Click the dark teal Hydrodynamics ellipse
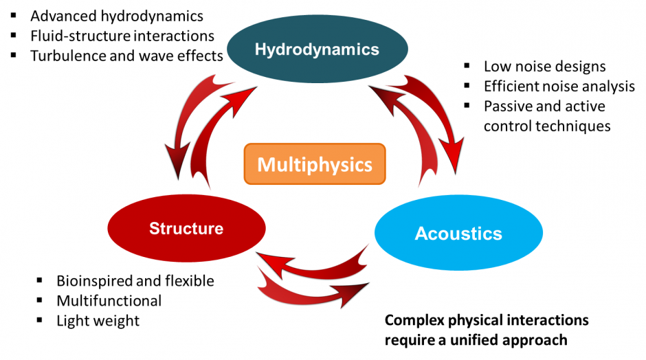coord(317,49)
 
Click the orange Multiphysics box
coord(315,165)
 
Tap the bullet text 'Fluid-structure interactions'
coord(122,36)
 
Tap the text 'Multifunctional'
coord(109,300)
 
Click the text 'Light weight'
coord(98,320)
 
